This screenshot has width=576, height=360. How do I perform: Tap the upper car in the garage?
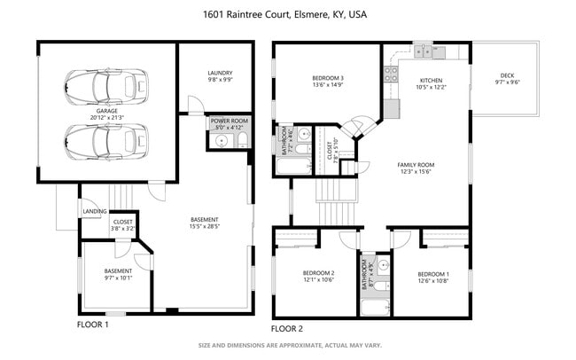click(105, 86)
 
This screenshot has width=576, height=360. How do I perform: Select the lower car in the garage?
click(105, 139)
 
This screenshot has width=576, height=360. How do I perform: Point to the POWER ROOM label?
click(229, 121)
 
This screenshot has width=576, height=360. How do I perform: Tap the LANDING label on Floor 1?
click(94, 212)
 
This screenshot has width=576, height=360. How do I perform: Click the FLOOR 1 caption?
click(93, 325)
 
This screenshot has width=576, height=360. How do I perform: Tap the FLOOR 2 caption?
click(287, 327)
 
